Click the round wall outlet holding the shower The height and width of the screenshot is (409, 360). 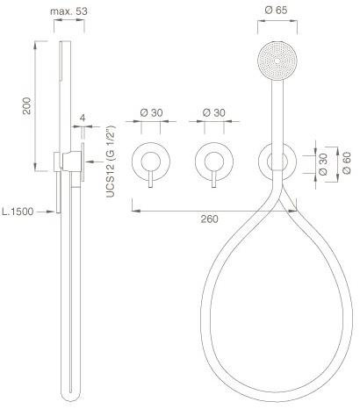click(277, 161)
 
